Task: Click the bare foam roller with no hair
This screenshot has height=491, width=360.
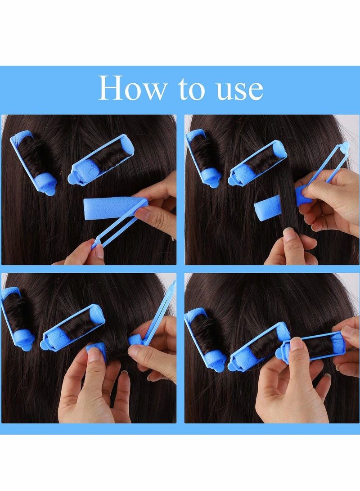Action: [x=111, y=208]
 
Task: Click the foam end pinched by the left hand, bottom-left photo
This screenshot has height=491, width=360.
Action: [x=96, y=349]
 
